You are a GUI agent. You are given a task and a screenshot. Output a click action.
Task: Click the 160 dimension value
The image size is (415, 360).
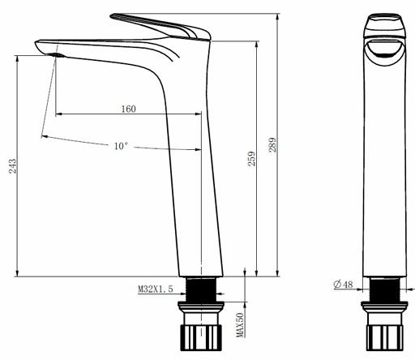coord(129,109)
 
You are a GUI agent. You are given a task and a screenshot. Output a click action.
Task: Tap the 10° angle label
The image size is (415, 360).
coord(121,146)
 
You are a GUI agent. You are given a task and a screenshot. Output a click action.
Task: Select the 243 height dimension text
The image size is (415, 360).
coord(12,166)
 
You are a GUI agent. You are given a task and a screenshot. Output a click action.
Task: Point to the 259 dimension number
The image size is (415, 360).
coord(251,159)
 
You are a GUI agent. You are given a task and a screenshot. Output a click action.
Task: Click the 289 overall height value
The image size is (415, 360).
coord(273,145)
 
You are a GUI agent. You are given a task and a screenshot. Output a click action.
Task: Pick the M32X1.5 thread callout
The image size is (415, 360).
coord(156,289)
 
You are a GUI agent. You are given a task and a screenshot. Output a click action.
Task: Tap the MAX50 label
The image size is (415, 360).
coord(240,325)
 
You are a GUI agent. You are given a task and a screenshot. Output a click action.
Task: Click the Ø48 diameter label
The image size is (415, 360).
coord(344,285)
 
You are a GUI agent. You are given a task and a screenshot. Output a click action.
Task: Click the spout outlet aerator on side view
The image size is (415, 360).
coord(57,55)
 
